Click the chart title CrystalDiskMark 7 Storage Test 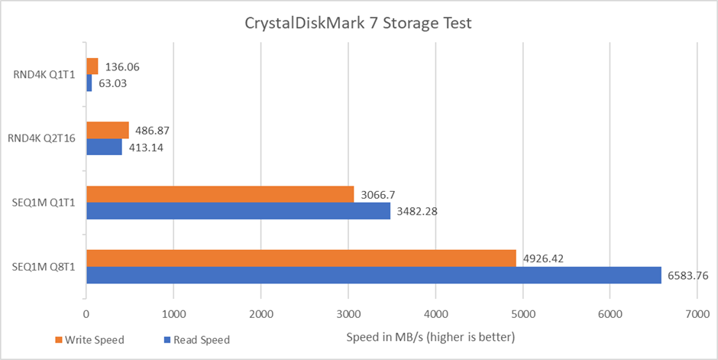tap(359, 23)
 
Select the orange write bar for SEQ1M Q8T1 tap(301, 258)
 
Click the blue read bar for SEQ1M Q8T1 tap(374, 274)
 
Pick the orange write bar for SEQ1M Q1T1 tap(220, 194)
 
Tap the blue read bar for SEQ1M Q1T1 tap(238, 211)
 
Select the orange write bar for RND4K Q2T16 tap(108, 131)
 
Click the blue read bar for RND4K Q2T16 tap(104, 147)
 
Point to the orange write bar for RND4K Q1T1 tap(92, 66)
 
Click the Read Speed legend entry tap(196, 339)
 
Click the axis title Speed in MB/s tap(430, 337)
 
